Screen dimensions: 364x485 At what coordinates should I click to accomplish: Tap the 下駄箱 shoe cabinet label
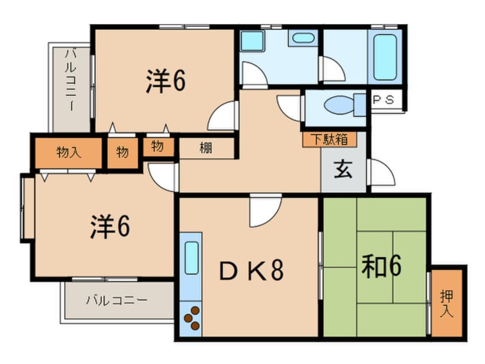click(x=330, y=138)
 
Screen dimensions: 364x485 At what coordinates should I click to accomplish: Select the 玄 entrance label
click(x=343, y=171)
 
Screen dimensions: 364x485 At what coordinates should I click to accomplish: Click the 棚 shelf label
click(x=206, y=148)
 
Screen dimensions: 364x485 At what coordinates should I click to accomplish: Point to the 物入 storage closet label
click(x=68, y=152)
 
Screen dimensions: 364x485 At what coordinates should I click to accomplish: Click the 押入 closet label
click(x=447, y=304)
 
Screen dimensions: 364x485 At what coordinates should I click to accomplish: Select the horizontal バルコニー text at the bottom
click(x=117, y=300)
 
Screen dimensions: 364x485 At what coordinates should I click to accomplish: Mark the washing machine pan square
click(x=252, y=42)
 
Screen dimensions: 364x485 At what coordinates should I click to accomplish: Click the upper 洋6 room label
click(x=165, y=82)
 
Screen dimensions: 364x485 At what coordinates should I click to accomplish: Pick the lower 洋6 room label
click(x=109, y=227)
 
